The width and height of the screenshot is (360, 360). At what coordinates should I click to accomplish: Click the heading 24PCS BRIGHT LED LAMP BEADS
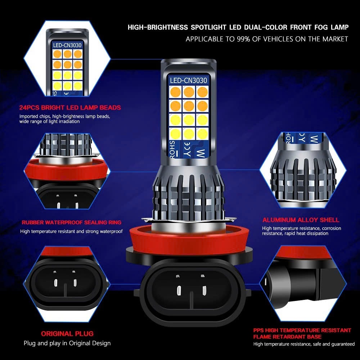click(x=70, y=107)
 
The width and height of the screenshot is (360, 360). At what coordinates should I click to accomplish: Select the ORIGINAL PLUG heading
click(x=67, y=333)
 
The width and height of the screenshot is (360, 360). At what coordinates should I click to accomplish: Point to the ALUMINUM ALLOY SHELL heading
click(x=301, y=220)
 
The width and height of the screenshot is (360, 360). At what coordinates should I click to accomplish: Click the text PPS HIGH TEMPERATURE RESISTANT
click(x=302, y=330)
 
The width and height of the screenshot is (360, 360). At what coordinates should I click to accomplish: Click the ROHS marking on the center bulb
click(x=172, y=151)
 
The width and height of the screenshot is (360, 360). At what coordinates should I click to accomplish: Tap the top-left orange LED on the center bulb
click(x=175, y=92)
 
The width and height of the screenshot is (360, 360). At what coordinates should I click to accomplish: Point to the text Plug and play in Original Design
click(x=67, y=343)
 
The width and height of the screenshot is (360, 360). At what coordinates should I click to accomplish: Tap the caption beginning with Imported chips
click(x=65, y=119)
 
